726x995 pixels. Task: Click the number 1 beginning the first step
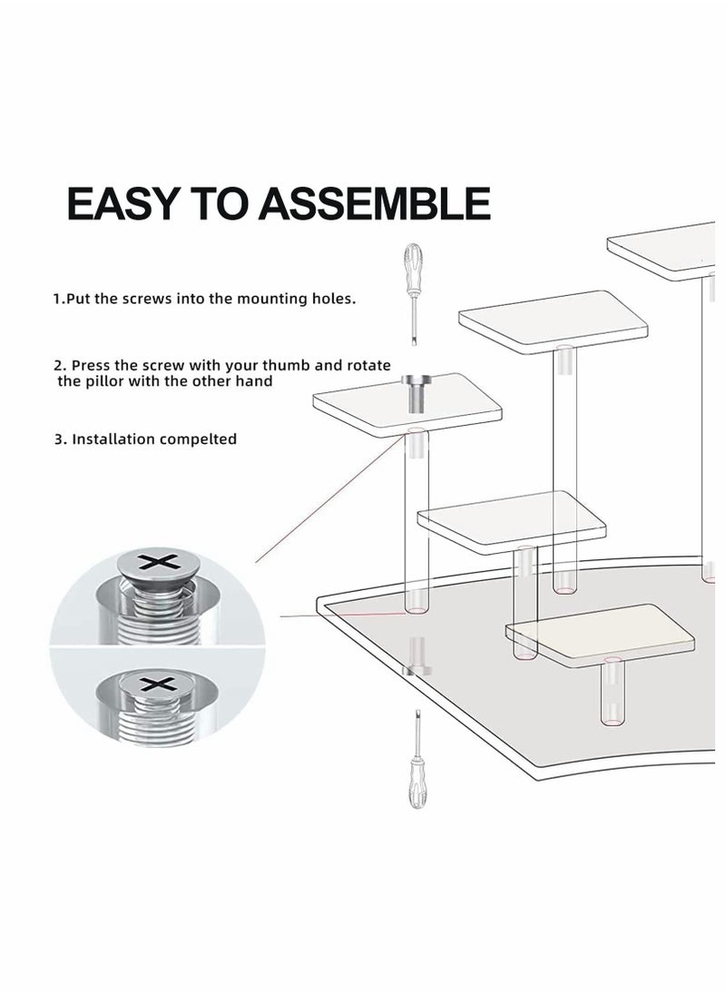56,298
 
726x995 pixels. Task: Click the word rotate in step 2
369,365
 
